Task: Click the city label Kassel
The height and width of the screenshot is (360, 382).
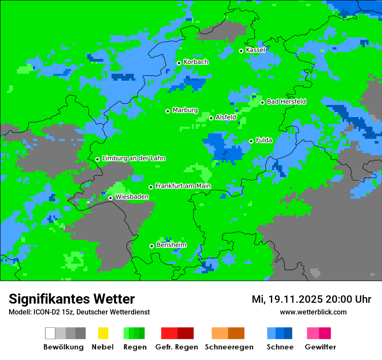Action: [x=255, y=50]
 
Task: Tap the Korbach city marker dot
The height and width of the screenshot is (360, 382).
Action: [x=179, y=63]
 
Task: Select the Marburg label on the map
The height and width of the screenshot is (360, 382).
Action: [x=185, y=110]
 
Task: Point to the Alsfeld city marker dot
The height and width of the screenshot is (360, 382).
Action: [x=211, y=118]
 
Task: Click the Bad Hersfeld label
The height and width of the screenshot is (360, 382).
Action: [x=286, y=101]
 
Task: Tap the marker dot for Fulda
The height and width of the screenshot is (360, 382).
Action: [x=251, y=141]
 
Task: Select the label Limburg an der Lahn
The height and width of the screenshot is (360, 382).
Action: [x=133, y=158]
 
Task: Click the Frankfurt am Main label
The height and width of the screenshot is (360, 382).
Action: [x=183, y=186]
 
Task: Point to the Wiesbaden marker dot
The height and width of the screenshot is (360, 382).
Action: [x=110, y=198]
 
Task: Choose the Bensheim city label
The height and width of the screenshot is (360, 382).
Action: [x=171, y=245]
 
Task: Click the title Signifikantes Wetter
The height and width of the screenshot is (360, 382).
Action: [x=72, y=299]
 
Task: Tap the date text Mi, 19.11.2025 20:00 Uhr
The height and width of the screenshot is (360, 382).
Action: [x=311, y=299]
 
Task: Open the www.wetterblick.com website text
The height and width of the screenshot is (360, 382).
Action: [x=313, y=312]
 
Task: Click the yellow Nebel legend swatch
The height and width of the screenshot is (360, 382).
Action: [x=103, y=333]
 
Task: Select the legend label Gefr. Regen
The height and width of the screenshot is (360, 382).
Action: [x=177, y=347]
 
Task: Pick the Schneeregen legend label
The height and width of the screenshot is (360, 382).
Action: [x=229, y=347]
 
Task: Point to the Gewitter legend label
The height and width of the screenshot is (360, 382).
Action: [x=320, y=347]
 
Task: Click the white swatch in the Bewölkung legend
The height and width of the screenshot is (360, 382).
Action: [x=50, y=333]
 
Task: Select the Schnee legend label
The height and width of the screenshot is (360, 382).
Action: [x=280, y=347]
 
